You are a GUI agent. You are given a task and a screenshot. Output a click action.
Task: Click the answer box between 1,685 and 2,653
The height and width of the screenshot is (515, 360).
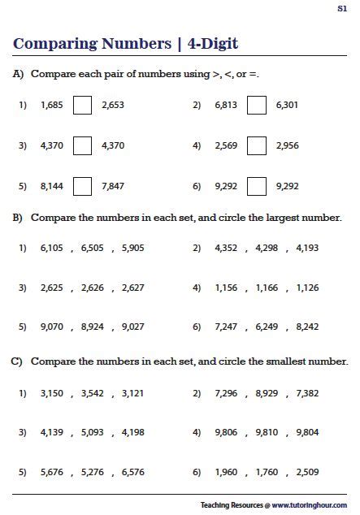[82, 105]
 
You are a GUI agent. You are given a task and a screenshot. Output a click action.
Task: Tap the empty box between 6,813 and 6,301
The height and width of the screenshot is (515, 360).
[257, 105]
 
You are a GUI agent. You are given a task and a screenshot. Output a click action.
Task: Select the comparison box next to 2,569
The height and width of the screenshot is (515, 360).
[257, 145]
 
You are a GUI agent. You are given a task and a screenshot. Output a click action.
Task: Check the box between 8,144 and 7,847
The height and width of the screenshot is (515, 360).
[82, 186]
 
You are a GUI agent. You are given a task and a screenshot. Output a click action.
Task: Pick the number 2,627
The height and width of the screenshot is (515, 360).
[132, 288]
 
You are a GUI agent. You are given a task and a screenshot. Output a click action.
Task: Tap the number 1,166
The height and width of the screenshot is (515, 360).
[267, 288]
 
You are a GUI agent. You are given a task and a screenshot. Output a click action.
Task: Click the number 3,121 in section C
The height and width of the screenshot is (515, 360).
[132, 393]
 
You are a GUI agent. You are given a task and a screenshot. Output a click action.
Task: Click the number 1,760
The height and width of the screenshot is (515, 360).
[267, 471]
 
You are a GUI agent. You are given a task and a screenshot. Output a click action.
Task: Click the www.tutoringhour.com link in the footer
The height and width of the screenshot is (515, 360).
[309, 504]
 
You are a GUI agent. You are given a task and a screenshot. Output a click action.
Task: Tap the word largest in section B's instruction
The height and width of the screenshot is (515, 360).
[279, 219]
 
